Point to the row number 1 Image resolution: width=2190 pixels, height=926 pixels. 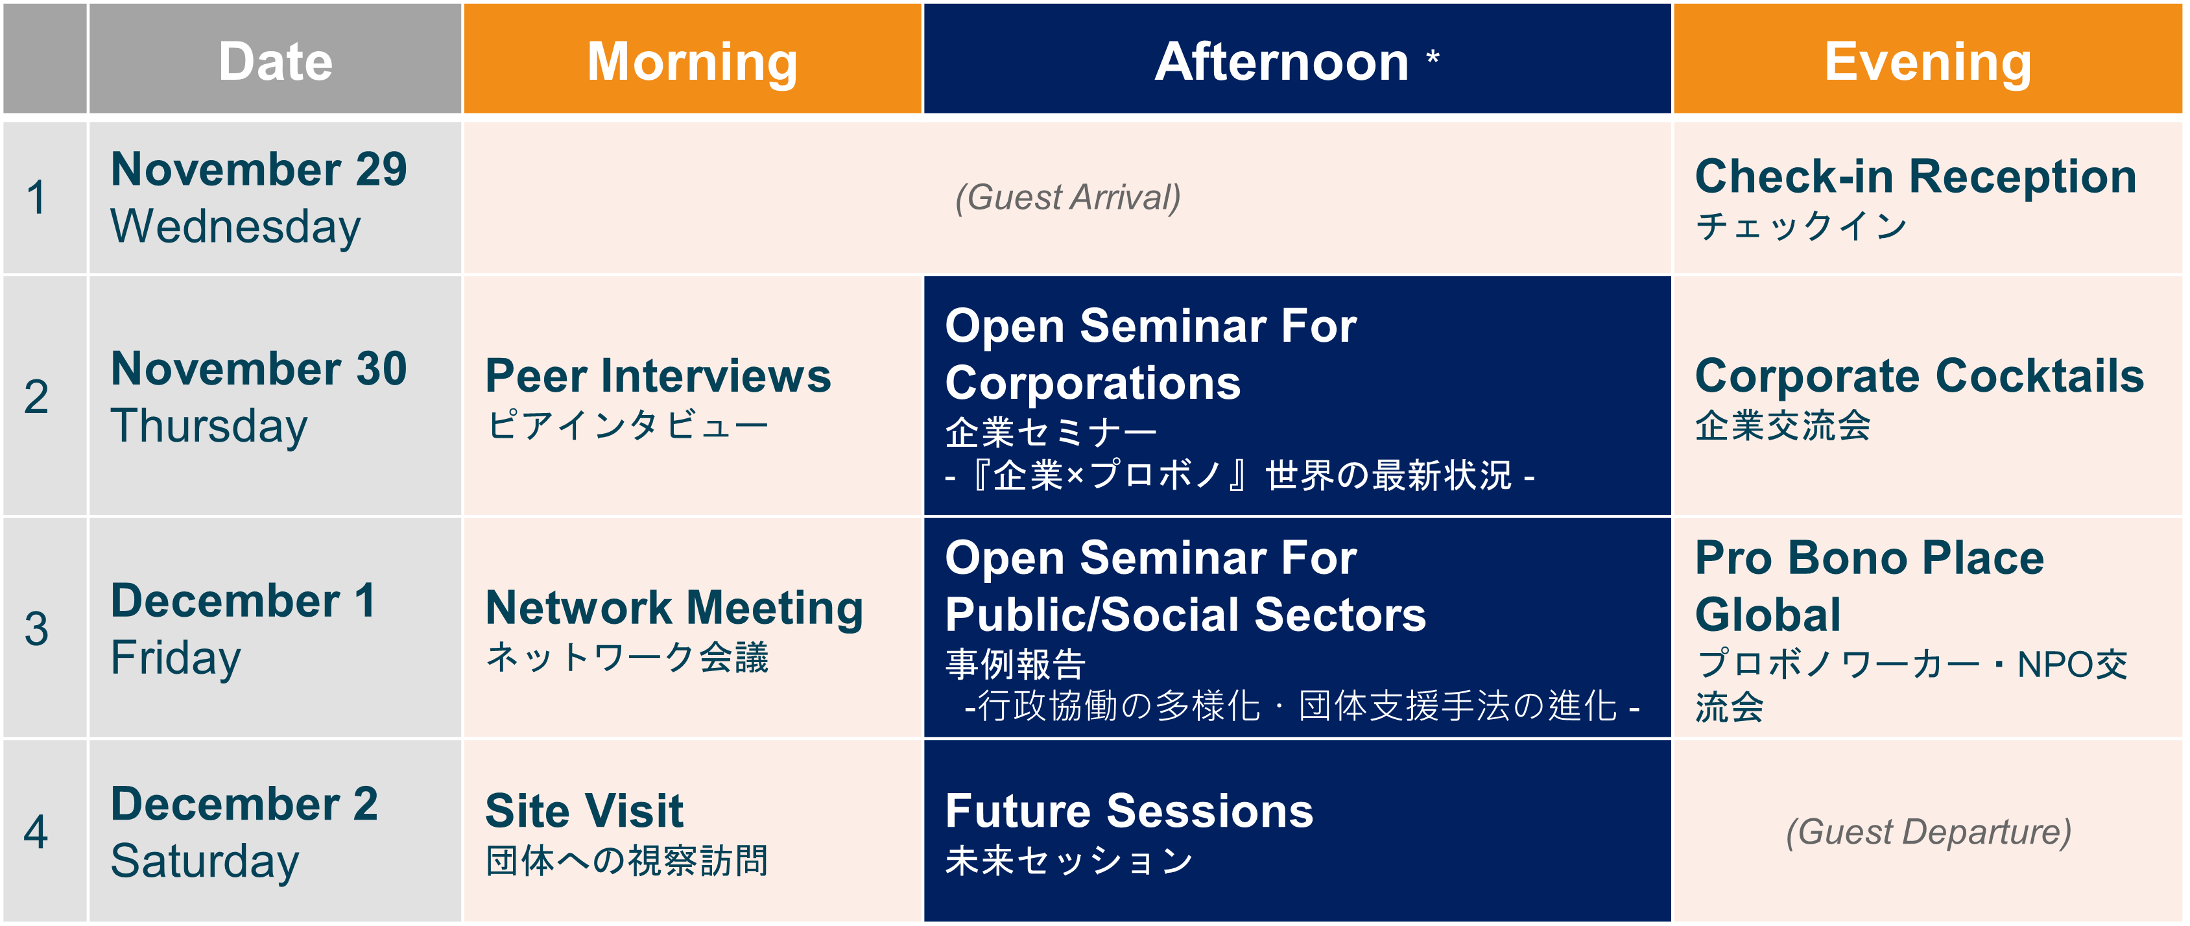click(36, 197)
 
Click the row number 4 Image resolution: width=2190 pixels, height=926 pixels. click(36, 831)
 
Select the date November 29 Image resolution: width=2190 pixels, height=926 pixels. click(259, 169)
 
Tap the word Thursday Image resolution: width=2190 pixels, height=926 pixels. click(209, 426)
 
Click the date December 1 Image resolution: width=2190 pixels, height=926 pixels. click(243, 600)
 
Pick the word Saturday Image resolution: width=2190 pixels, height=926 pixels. click(205, 861)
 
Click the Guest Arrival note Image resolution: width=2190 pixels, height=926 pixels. click(1068, 197)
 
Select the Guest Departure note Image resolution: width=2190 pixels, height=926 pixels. click(1928, 831)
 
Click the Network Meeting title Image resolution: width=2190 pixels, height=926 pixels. click(674, 608)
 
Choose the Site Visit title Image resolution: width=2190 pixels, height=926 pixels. click(584, 811)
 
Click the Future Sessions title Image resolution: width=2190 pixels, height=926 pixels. click(1129, 811)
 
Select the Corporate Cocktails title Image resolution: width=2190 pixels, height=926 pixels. click(1920, 376)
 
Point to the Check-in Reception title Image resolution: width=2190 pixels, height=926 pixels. click(1916, 177)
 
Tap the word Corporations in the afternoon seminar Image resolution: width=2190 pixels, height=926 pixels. click(1093, 383)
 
